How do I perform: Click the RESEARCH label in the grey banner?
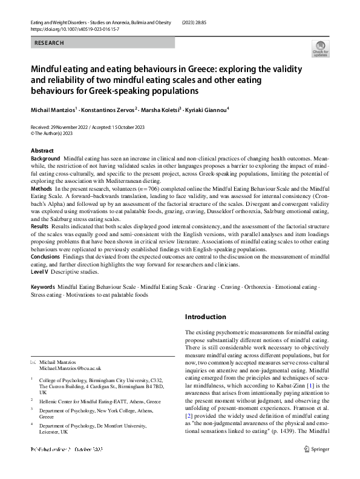(48, 43)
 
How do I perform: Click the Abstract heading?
(42, 150)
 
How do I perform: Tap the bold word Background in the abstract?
(45, 158)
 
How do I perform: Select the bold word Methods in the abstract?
(42, 190)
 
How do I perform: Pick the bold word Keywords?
(42, 286)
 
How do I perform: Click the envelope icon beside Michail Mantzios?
(33, 361)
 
